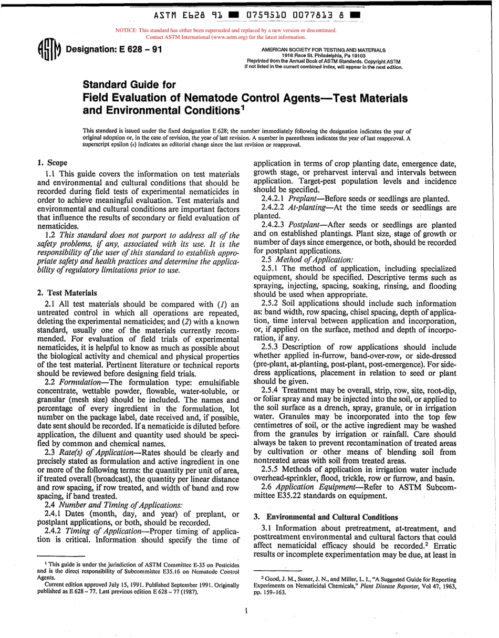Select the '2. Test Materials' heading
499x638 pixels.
pos(67,293)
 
